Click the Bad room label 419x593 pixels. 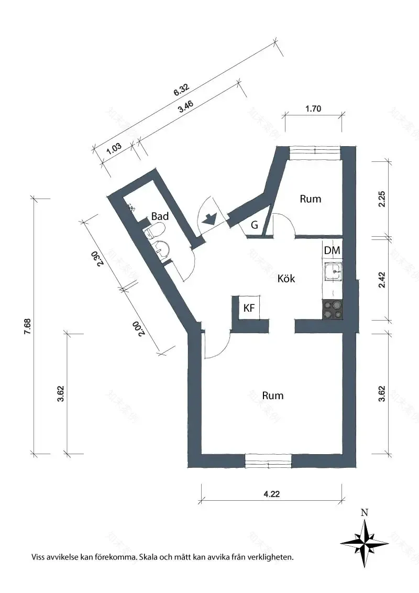[x=159, y=216]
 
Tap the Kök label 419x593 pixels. [x=286, y=278]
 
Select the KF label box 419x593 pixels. [x=249, y=309]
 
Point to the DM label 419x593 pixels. [x=332, y=251]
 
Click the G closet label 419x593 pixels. [x=255, y=225]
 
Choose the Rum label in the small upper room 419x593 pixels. [x=310, y=199]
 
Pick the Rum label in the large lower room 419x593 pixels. [x=272, y=395]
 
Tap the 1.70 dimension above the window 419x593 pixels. [x=313, y=109]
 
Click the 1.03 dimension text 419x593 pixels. [x=114, y=148]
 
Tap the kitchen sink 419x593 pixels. [x=333, y=272]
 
